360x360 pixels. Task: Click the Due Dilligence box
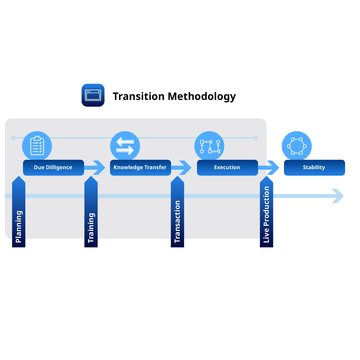tap(53, 168)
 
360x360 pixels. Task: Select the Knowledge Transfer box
tap(140, 168)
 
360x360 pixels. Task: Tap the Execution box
tap(227, 168)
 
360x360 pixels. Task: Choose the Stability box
tap(314, 168)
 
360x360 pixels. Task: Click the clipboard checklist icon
tap(37, 146)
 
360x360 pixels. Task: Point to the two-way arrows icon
tap(125, 146)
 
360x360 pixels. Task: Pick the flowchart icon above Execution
tap(210, 146)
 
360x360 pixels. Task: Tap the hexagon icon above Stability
tap(296, 146)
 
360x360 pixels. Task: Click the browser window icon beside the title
tap(93, 95)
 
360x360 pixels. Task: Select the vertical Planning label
tap(19, 226)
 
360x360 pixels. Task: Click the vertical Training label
tap(91, 228)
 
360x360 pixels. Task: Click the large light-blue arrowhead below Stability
tap(337, 196)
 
